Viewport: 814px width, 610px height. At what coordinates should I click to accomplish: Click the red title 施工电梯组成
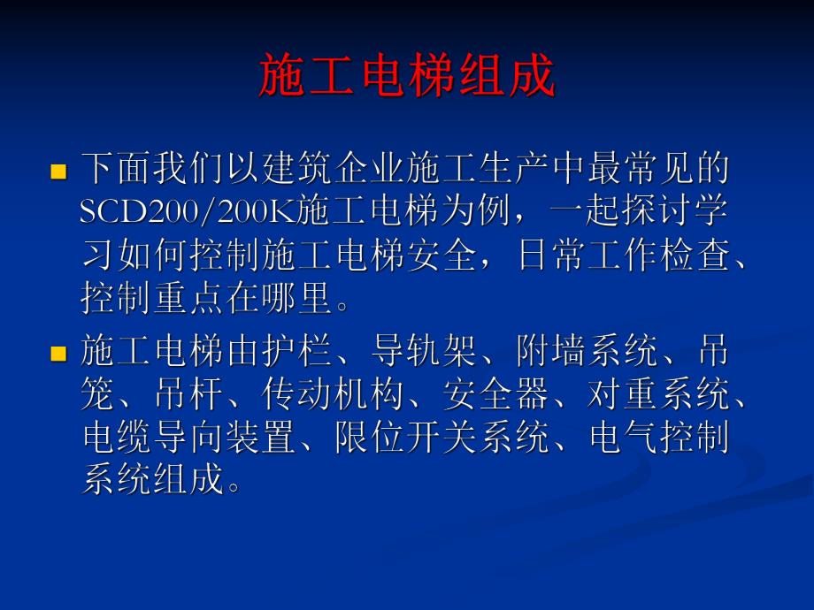tap(407, 76)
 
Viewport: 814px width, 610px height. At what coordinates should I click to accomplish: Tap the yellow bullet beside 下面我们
tap(59, 171)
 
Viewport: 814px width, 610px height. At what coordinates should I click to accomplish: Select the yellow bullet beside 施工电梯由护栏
tap(59, 355)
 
